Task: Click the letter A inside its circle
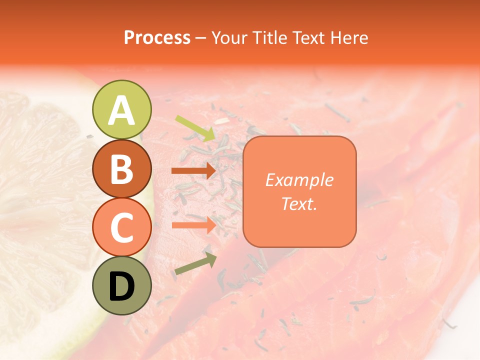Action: coord(121,110)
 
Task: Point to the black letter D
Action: coord(121,286)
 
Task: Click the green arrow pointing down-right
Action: coord(195,128)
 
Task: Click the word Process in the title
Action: coord(157,37)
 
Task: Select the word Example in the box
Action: coord(299,180)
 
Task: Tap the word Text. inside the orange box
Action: coord(299,203)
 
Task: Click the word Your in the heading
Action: coord(229,37)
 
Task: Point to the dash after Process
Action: coord(201,37)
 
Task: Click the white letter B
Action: coord(121,169)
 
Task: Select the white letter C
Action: coord(121,227)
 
